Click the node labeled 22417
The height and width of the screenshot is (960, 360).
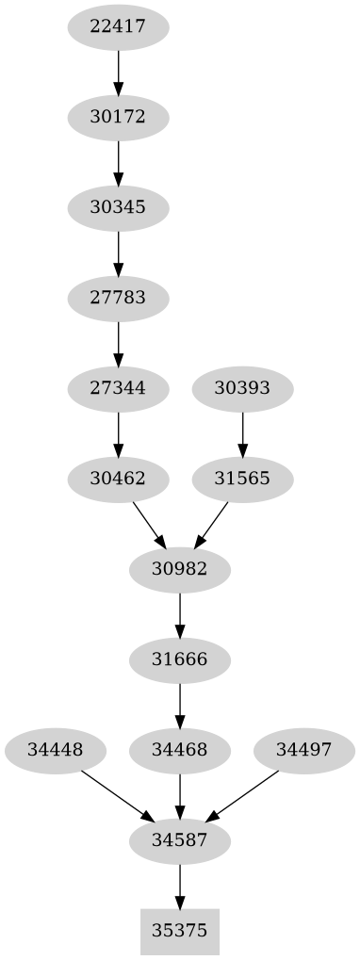tap(118, 26)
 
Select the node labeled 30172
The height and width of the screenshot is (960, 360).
tap(118, 118)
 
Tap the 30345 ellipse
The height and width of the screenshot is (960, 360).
tap(118, 207)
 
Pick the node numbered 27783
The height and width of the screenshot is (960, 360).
tap(118, 299)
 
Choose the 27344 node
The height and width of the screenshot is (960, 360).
tap(118, 387)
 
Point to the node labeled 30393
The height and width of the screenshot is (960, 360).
tap(242, 387)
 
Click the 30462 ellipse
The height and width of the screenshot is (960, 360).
tap(118, 479)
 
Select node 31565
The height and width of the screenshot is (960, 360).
tap(242, 479)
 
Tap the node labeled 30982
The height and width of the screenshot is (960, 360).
tap(179, 569)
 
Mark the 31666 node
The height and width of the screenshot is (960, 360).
tap(179, 659)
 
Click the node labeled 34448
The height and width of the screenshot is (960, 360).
tap(55, 751)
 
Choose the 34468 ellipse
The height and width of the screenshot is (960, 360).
tap(179, 751)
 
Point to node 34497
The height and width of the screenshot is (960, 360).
tap(304, 751)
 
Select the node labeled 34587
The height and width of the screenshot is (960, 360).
tap(179, 838)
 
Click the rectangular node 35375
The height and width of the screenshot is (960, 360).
tap(179, 932)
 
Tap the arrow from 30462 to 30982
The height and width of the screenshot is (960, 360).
tap(149, 524)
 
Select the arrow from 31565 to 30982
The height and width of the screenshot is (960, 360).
tap(211, 524)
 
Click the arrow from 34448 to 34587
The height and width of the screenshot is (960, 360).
tap(116, 794)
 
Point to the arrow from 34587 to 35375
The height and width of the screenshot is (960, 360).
tap(179, 885)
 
